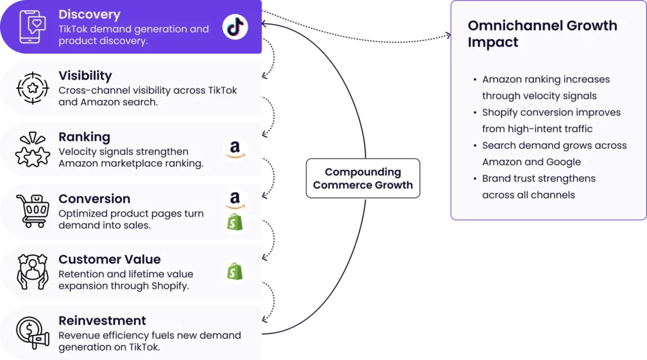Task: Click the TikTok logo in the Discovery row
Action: (x=235, y=27)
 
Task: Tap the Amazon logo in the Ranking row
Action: (x=235, y=150)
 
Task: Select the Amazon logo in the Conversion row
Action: (x=235, y=200)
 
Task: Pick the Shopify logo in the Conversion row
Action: (x=235, y=222)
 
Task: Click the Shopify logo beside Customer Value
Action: (x=235, y=272)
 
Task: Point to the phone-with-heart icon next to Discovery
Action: (x=33, y=27)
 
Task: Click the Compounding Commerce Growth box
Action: (x=363, y=178)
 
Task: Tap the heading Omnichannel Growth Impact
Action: (x=542, y=34)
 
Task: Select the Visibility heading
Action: (x=85, y=76)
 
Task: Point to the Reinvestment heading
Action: (x=102, y=320)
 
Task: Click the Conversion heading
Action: (x=94, y=198)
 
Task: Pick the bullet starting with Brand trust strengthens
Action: (x=538, y=186)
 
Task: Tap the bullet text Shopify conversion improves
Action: (x=551, y=112)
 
